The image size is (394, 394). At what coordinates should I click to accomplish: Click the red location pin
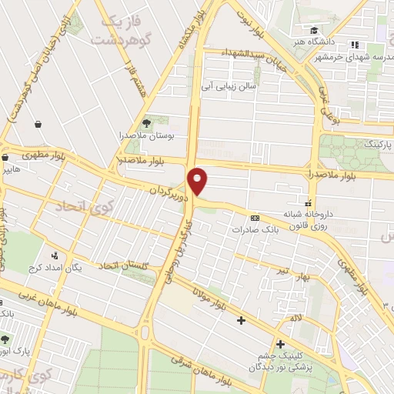click(199, 181)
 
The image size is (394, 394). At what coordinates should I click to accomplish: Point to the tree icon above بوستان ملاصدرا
click(146, 122)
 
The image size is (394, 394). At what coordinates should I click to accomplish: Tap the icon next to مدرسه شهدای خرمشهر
click(355, 45)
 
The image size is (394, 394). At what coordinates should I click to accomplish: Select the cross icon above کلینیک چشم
click(280, 343)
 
